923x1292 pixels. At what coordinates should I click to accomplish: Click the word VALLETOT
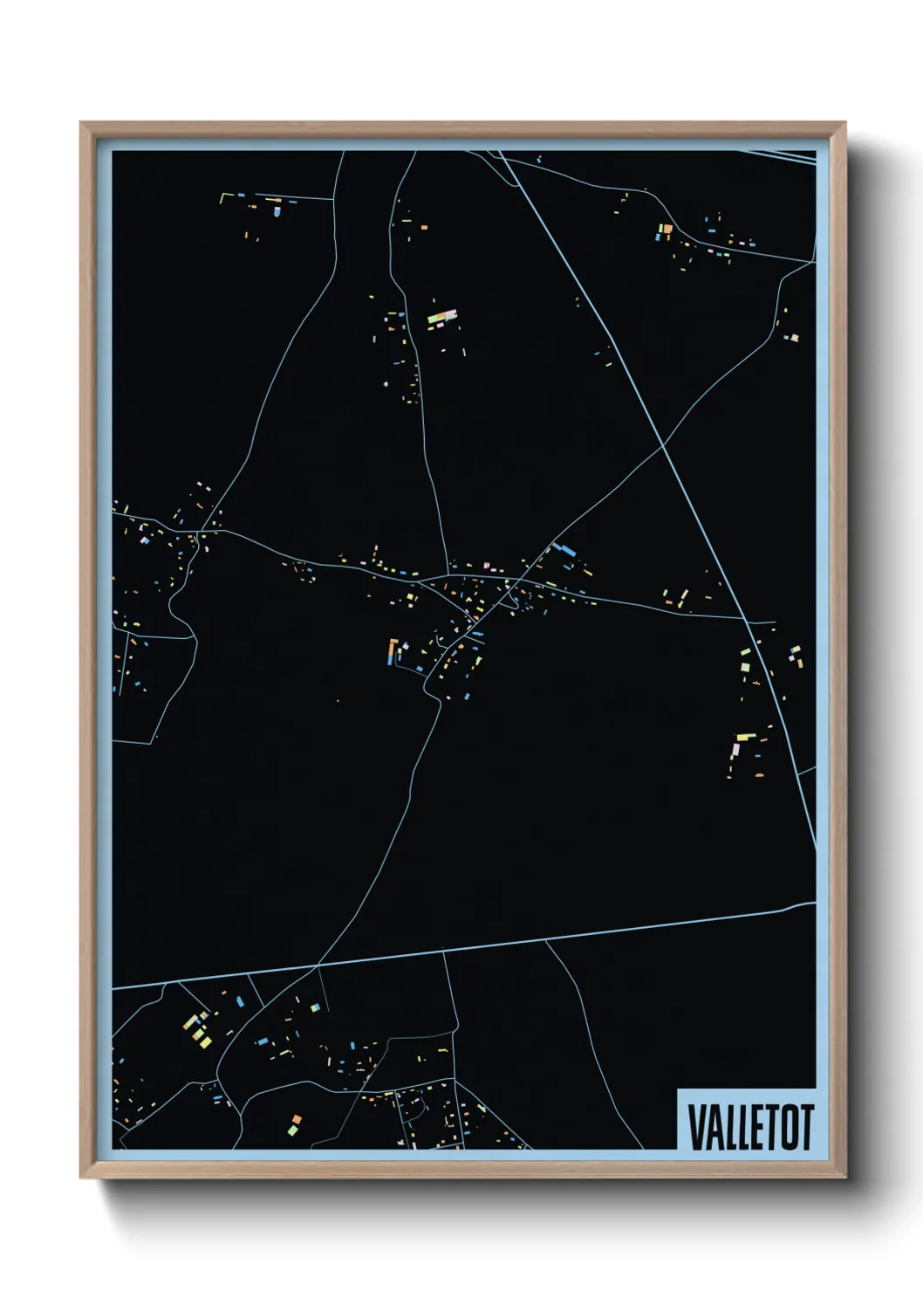click(x=750, y=1127)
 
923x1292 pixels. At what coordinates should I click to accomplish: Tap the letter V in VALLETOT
click(x=697, y=1127)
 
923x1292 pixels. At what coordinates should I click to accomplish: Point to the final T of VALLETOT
click(x=806, y=1127)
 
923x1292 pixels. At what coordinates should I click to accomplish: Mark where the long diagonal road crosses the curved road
click(x=663, y=446)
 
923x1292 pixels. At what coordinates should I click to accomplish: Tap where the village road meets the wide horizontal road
click(x=318, y=965)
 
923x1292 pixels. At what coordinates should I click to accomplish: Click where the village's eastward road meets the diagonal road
click(x=748, y=620)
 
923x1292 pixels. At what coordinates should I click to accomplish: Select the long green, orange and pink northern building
click(x=442, y=318)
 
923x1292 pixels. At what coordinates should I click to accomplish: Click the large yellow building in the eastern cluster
click(x=744, y=738)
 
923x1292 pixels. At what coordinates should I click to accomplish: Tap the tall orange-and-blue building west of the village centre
click(x=393, y=651)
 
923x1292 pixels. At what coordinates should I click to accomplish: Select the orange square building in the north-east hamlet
click(x=665, y=230)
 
